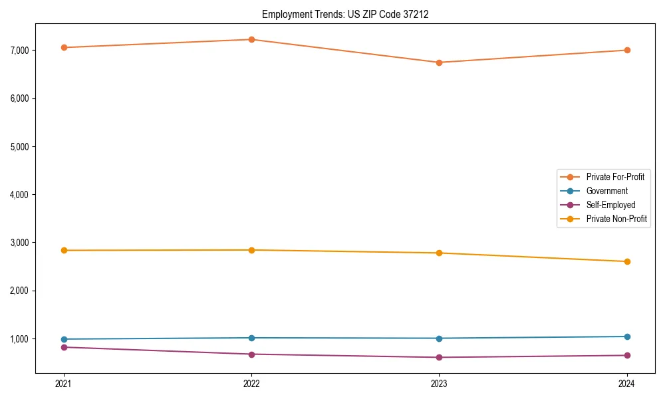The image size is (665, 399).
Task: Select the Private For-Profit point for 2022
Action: pyautogui.click(x=251, y=39)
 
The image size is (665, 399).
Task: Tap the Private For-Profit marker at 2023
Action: pyautogui.click(x=439, y=63)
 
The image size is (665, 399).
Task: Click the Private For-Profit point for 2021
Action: pyautogui.click(x=64, y=47)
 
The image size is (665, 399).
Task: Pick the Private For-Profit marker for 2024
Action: pyautogui.click(x=626, y=50)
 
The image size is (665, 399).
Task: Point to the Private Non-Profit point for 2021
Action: pyautogui.click(x=64, y=250)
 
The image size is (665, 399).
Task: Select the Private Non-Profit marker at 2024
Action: pyautogui.click(x=626, y=261)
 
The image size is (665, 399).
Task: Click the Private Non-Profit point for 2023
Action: pyautogui.click(x=439, y=253)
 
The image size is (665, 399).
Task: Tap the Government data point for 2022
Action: pyautogui.click(x=251, y=338)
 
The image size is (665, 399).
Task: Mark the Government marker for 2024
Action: pyautogui.click(x=626, y=336)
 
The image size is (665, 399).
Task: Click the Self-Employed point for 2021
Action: pyautogui.click(x=64, y=347)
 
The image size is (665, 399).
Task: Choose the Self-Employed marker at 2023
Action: pyautogui.click(x=439, y=357)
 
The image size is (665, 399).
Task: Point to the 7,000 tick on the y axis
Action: pyautogui.click(x=20, y=51)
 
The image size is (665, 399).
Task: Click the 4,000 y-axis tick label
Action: pyautogui.click(x=20, y=195)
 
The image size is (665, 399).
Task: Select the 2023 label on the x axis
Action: pyautogui.click(x=439, y=383)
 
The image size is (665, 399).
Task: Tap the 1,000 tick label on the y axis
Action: pyautogui.click(x=20, y=339)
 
